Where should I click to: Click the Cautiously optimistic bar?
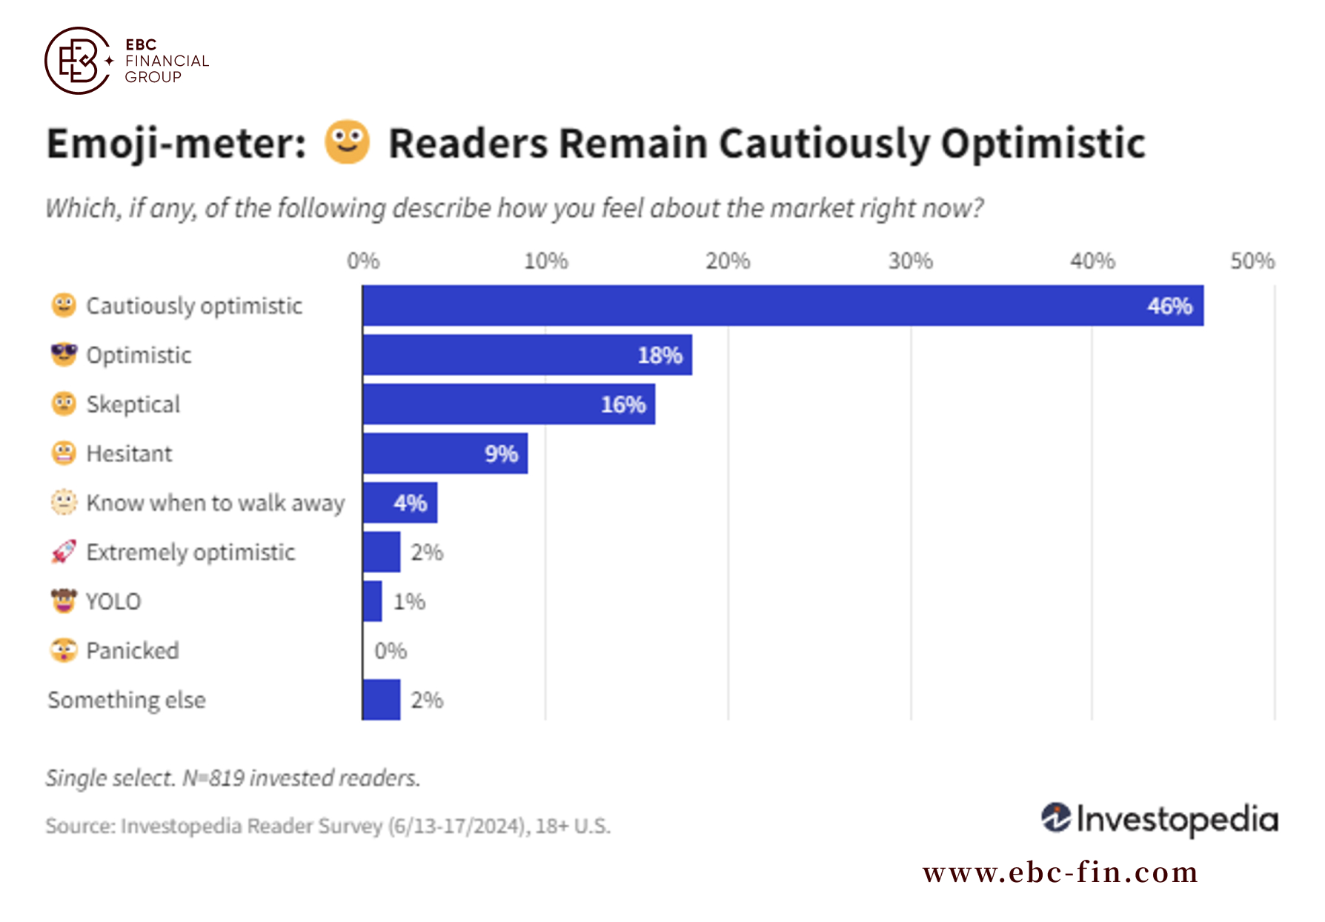pos(783,305)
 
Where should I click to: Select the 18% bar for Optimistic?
pos(528,355)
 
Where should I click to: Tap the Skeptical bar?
pos(509,404)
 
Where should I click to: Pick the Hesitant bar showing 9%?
pos(445,453)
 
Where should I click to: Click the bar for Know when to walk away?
pos(400,502)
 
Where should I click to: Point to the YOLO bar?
pos(373,601)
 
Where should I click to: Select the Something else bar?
pos(382,699)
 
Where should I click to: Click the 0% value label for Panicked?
pos(391,651)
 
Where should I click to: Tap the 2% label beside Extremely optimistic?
pos(427,552)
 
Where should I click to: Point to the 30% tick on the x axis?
pos(911,261)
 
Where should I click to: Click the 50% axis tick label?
pos(1252,261)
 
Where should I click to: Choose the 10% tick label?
pos(546,261)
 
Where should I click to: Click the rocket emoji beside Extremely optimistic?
pos(64,552)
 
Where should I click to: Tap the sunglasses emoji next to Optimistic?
pos(64,354)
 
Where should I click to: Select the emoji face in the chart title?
pos(347,141)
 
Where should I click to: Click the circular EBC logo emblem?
pos(77,61)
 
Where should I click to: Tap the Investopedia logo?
pos(1160,819)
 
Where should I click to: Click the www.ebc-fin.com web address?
pos(1060,872)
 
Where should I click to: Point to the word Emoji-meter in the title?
pos(176,144)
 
